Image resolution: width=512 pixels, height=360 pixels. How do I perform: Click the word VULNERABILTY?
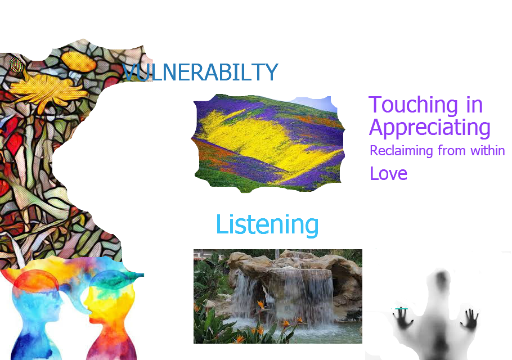coord(200,72)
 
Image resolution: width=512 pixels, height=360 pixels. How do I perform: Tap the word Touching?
coord(413,105)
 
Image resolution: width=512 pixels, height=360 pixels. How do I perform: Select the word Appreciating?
coord(430,128)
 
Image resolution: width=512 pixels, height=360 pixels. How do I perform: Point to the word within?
coord(487,150)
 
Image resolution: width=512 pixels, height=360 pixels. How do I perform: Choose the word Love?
coord(388,173)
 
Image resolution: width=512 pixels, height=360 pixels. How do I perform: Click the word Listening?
coord(267,225)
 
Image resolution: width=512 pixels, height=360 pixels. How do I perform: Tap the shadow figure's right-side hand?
coord(470,319)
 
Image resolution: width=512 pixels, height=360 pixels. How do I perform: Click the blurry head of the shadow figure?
coord(441,280)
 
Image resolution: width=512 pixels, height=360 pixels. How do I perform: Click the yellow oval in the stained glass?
coord(78,61)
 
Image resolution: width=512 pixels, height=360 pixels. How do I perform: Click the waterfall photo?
coord(278,296)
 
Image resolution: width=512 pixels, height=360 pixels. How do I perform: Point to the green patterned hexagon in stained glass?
coord(16,65)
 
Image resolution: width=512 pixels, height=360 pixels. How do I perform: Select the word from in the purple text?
coord(451,150)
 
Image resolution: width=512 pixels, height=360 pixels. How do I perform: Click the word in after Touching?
coord(474,105)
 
